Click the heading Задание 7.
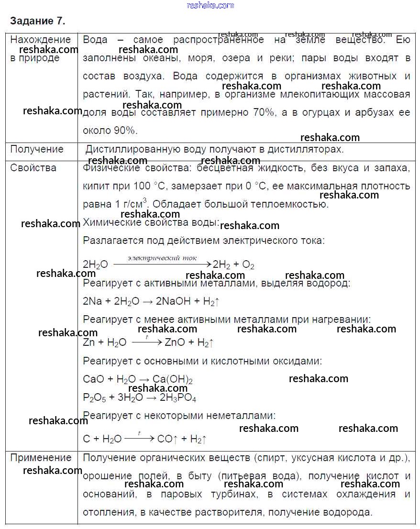[x=37, y=21]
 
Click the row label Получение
[x=37, y=149]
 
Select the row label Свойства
[x=33, y=168]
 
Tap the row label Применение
[x=41, y=458]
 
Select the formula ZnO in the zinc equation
[x=175, y=342]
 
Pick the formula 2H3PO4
[x=177, y=398]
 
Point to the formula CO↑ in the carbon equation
[x=167, y=439]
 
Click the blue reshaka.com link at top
[x=210, y=5]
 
